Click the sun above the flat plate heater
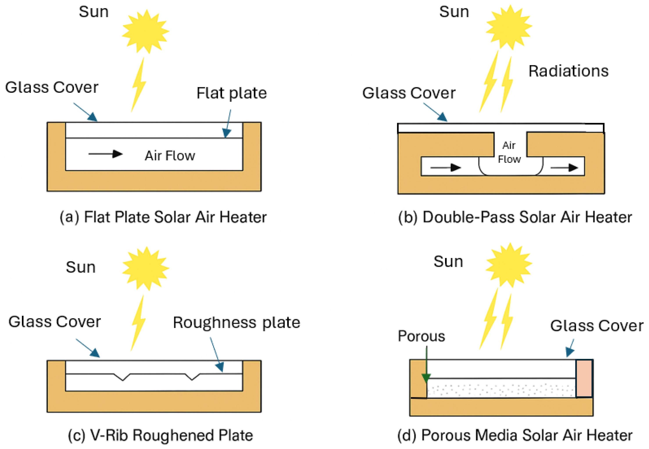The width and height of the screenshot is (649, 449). click(x=145, y=32)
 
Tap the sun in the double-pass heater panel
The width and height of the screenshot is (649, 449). click(x=509, y=27)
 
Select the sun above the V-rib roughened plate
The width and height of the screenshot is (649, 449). click(x=145, y=268)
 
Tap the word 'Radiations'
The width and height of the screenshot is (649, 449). click(x=568, y=71)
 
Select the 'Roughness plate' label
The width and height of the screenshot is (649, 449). click(x=236, y=322)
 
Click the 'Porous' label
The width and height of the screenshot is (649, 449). click(x=421, y=336)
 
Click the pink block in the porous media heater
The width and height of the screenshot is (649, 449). click(x=584, y=378)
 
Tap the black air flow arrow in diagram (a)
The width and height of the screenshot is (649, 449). click(x=105, y=154)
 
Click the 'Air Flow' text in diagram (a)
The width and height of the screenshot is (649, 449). click(x=170, y=156)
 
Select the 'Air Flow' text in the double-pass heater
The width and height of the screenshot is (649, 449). click(x=509, y=152)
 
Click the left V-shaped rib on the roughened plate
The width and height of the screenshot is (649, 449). click(x=122, y=377)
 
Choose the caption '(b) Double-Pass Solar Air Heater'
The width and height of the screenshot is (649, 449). click(x=515, y=217)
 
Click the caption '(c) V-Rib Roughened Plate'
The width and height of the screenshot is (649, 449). click(x=160, y=435)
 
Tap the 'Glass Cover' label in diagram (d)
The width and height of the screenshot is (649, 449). click(x=597, y=326)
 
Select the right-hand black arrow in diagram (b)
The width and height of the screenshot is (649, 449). click(x=564, y=168)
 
